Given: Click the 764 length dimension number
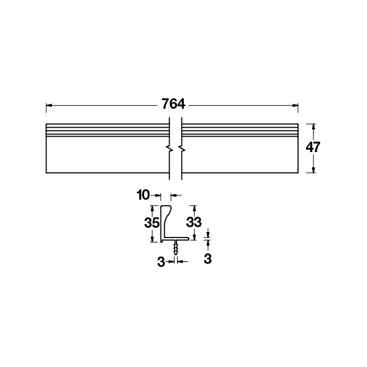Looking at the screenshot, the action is [x=173, y=104].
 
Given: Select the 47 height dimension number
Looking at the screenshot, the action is [x=313, y=147].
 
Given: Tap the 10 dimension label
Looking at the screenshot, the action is [x=143, y=195].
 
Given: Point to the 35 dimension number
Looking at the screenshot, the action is [x=151, y=223].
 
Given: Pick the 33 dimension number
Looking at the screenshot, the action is [x=194, y=222].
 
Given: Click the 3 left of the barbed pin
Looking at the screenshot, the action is [x=161, y=262].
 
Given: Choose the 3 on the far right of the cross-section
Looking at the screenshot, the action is [x=208, y=259].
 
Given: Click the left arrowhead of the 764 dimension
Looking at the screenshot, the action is [x=49, y=105].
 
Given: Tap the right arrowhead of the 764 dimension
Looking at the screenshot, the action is [x=295, y=105].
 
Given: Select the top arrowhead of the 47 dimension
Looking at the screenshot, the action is [x=314, y=126].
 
